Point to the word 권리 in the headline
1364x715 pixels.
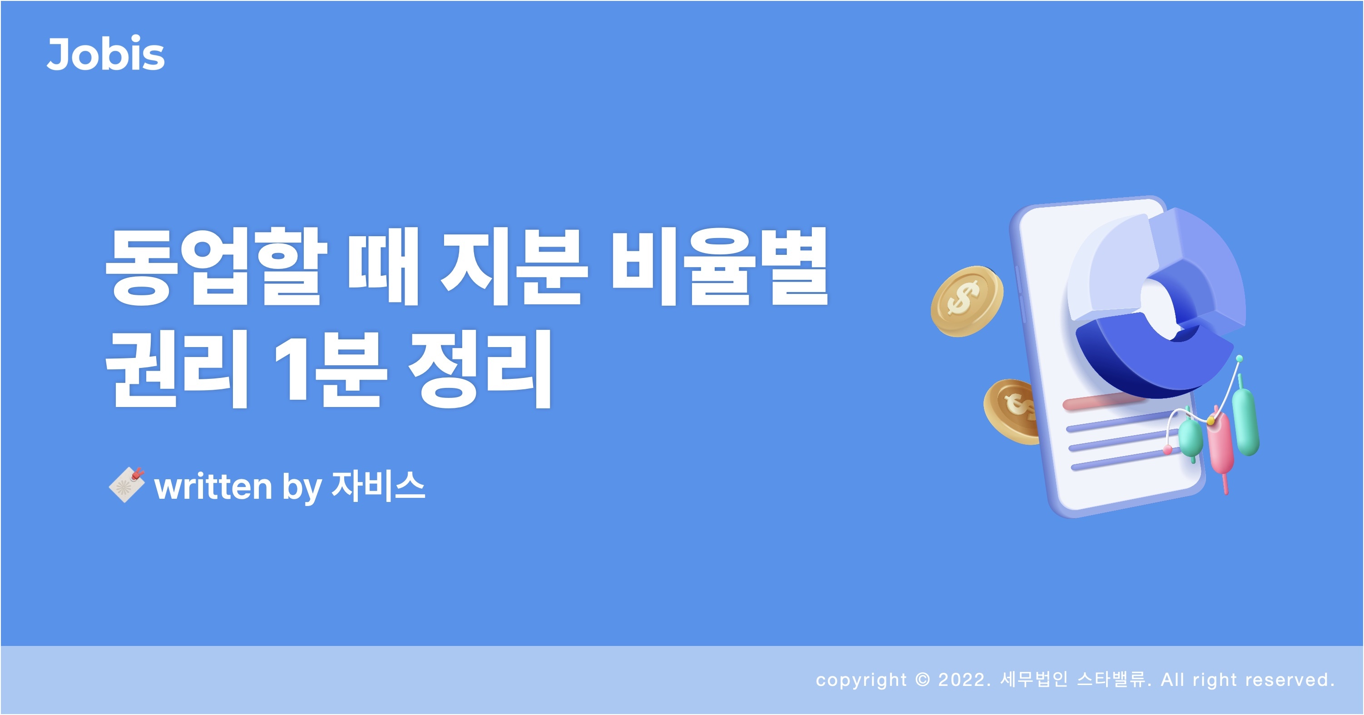(x=176, y=368)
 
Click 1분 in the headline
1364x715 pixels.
(x=331, y=368)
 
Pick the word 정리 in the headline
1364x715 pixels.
(x=480, y=368)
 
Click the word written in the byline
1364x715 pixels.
(x=213, y=486)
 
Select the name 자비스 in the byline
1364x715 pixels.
(x=378, y=485)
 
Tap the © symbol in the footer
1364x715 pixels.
(x=922, y=680)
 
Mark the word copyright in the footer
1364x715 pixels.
(x=861, y=680)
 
